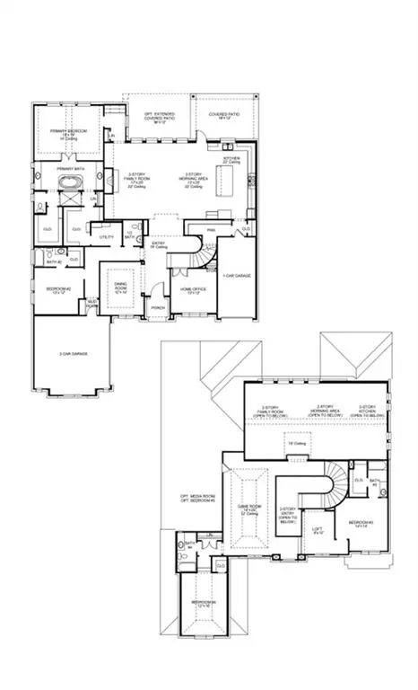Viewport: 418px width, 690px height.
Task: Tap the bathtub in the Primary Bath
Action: (x=69, y=184)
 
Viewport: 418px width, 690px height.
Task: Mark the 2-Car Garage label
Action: (x=73, y=354)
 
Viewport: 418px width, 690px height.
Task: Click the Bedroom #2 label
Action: (x=57, y=289)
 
